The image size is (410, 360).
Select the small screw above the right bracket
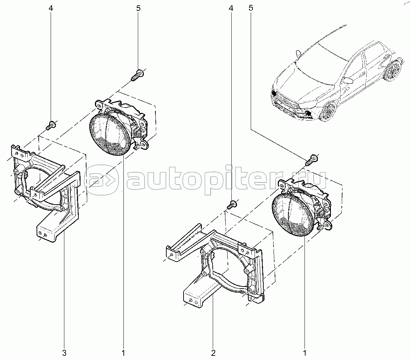point(231,204)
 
